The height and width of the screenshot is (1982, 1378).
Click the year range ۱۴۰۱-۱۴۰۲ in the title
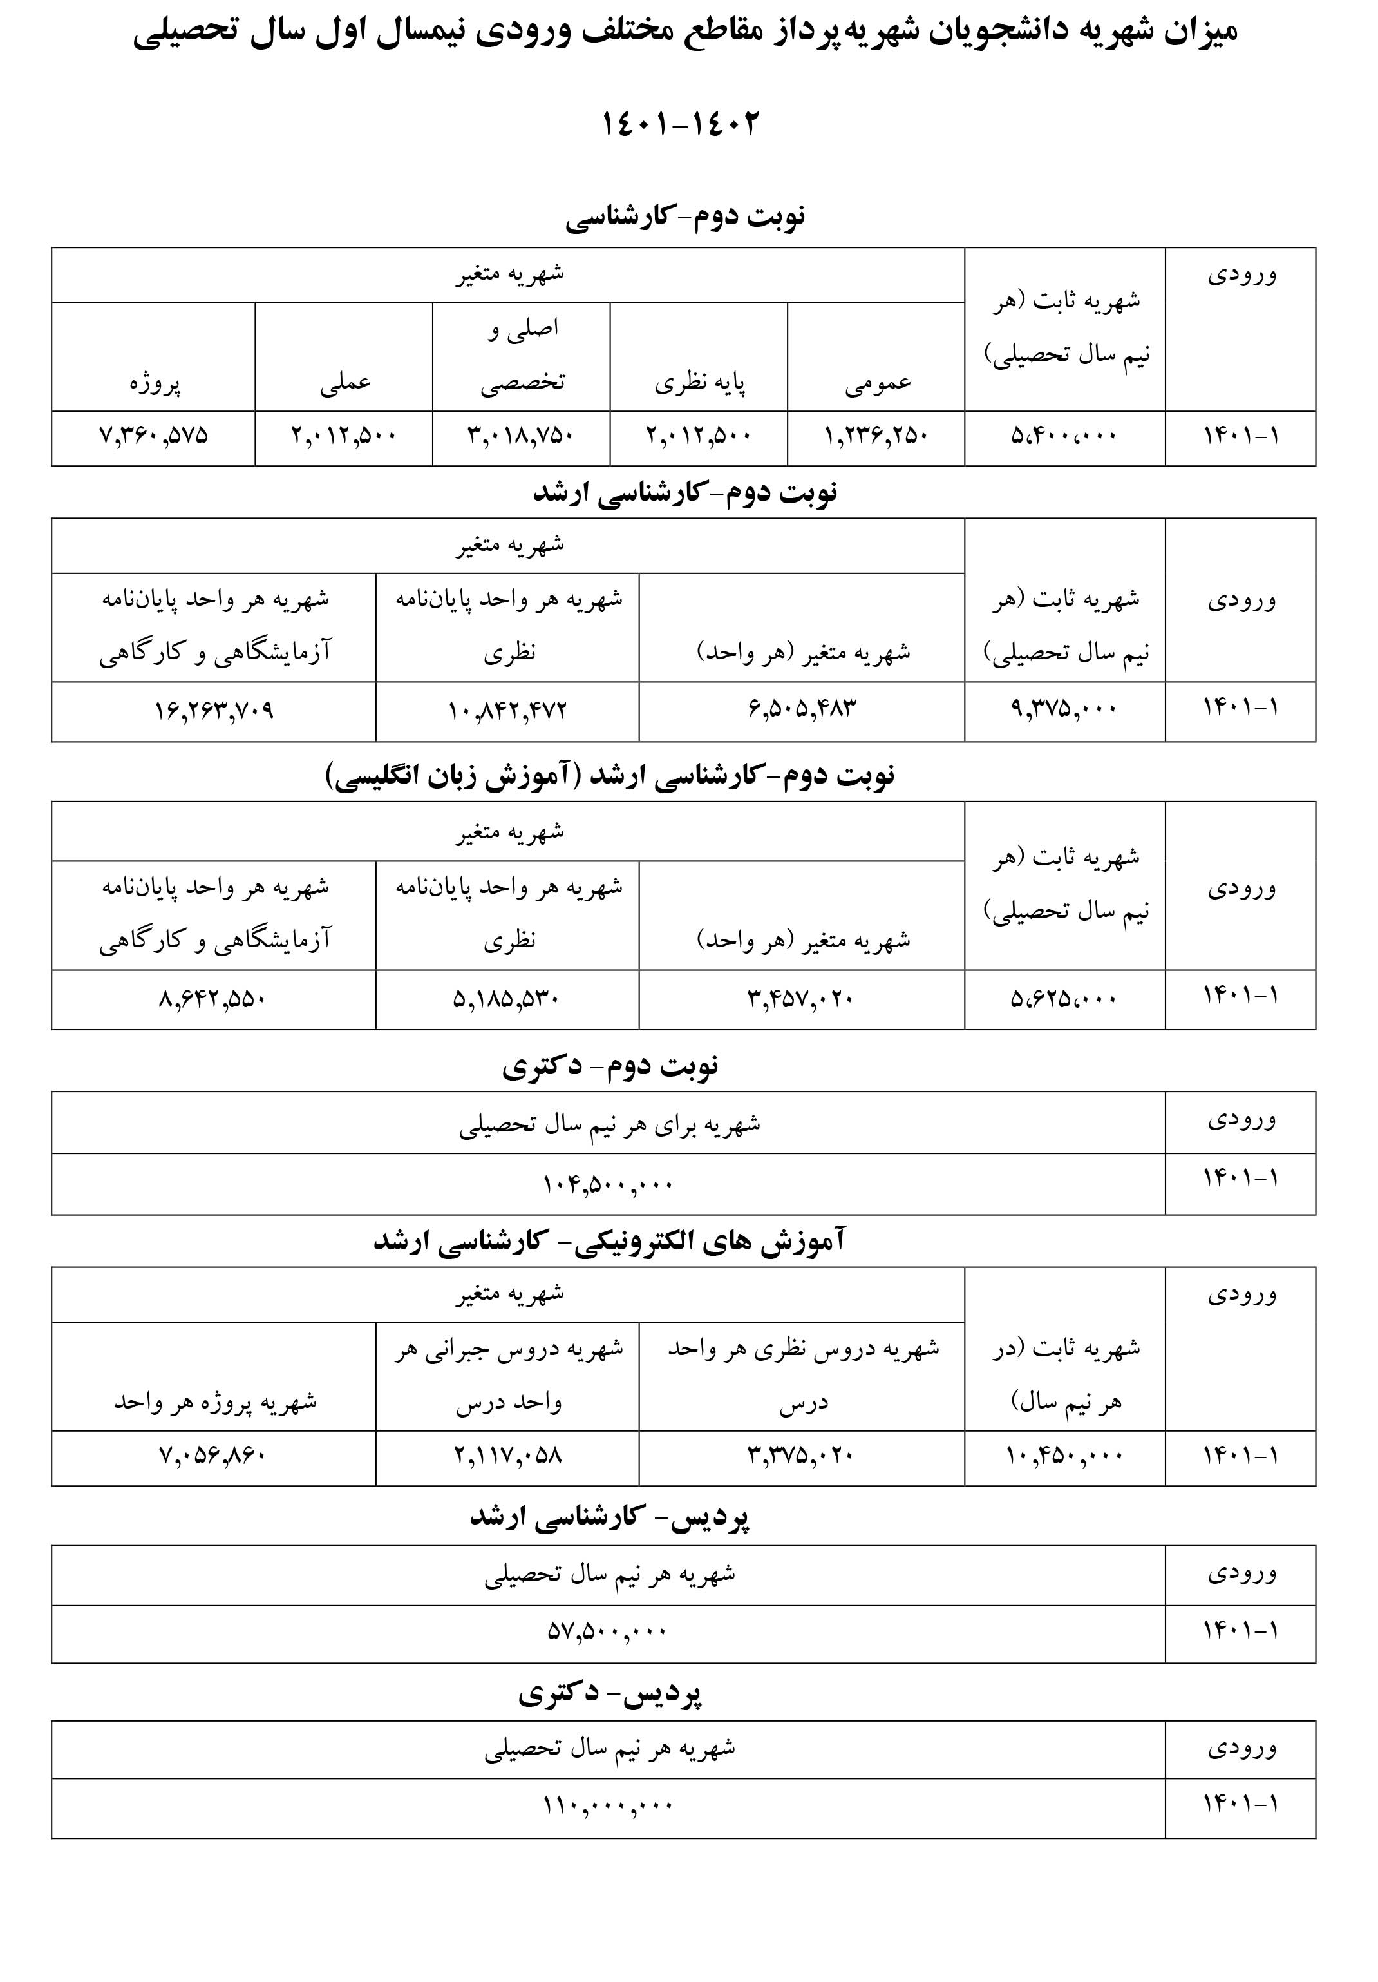click(680, 124)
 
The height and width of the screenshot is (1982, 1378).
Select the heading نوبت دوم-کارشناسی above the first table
click(685, 216)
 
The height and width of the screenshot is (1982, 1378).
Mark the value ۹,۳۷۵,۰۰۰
click(1064, 709)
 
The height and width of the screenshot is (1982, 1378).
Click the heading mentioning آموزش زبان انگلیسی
click(610, 775)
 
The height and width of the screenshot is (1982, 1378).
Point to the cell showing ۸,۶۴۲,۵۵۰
click(214, 999)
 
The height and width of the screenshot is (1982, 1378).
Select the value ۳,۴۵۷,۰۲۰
click(801, 999)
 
